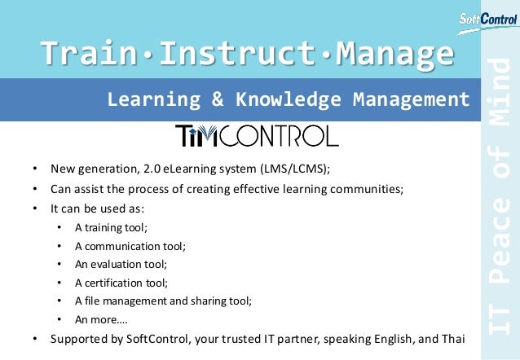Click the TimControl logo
coord(256,135)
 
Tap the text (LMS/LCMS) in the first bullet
coord(295,169)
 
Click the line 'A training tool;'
coord(111,227)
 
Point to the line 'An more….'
coord(101,319)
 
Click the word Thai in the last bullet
coord(452,338)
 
